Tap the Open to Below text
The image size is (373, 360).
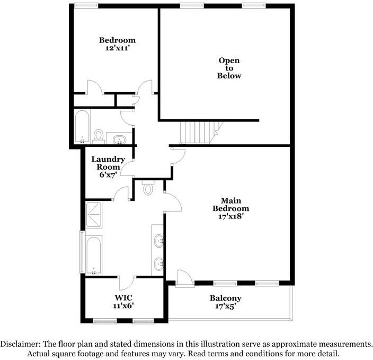[x=229, y=68]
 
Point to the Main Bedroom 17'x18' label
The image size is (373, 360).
[x=230, y=208]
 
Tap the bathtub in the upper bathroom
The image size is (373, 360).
[x=82, y=127]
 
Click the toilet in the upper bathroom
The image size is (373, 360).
[x=99, y=135]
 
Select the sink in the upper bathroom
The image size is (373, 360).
[x=120, y=139]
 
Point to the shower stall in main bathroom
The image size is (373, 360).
[x=96, y=214]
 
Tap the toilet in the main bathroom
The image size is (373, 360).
[x=148, y=188]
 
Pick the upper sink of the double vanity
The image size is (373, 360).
[x=159, y=242]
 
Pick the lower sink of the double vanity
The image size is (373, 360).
[x=159, y=264]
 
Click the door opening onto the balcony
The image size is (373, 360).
[x=183, y=278]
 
